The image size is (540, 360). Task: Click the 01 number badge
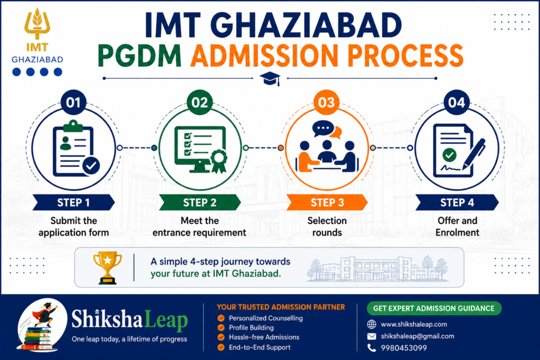click(73, 102)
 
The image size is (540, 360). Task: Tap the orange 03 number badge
click(326, 102)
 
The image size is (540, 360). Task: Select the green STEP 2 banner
click(200, 202)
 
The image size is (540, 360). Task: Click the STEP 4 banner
click(457, 202)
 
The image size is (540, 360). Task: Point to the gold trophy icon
click(108, 268)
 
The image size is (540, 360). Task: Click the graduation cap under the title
click(270, 79)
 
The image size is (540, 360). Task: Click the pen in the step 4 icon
click(474, 154)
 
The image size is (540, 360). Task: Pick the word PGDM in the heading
click(139, 55)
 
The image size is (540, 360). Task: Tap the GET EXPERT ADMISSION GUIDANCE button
click(434, 308)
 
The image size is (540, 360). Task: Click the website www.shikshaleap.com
click(413, 324)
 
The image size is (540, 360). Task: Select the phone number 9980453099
click(403, 348)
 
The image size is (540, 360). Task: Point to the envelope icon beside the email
click(372, 336)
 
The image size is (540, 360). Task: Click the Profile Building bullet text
click(251, 328)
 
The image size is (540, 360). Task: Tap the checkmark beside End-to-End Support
click(221, 347)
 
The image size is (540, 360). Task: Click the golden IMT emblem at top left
click(37, 24)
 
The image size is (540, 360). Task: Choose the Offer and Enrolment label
click(457, 227)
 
